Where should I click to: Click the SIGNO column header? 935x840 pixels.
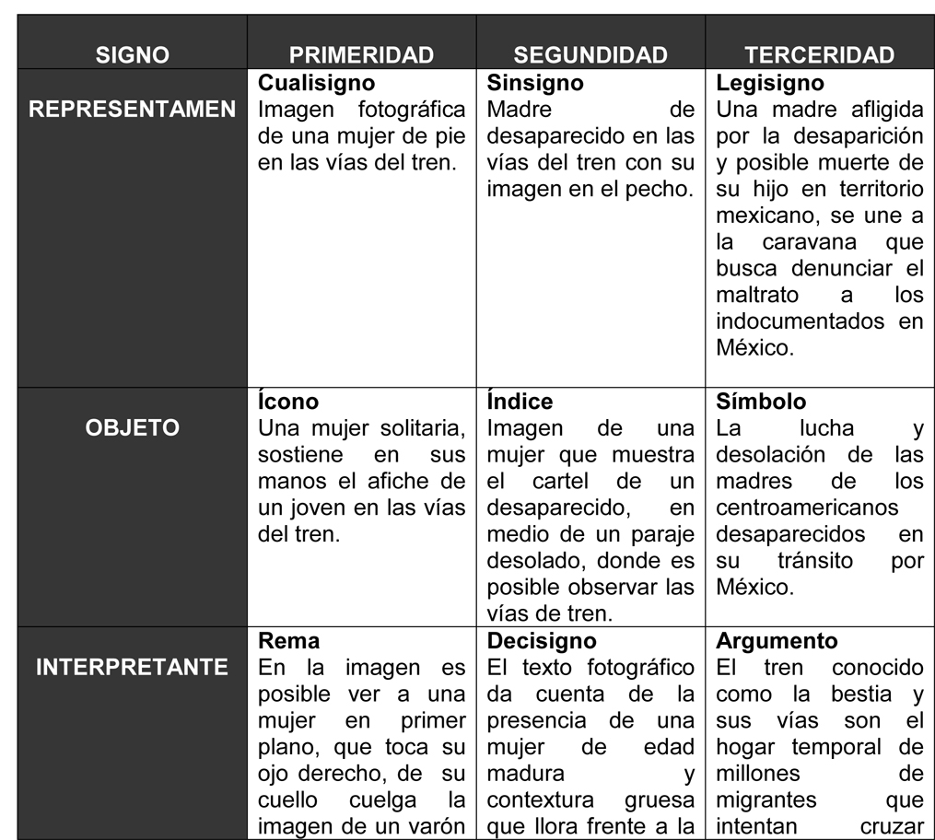(133, 55)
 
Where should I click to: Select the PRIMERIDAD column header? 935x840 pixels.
(361, 55)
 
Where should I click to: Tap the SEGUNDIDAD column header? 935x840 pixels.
(590, 55)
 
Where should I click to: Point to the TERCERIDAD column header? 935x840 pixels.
(819, 55)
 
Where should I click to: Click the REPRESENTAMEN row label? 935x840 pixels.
(133, 110)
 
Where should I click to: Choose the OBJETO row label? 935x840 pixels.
(133, 428)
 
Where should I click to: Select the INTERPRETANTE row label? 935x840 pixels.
(133, 667)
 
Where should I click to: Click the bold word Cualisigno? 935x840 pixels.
(316, 84)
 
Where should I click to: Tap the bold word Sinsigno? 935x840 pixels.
(534, 84)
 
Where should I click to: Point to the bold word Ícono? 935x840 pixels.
(288, 402)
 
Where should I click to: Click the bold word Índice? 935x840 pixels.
(520, 402)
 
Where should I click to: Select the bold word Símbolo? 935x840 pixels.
(761, 402)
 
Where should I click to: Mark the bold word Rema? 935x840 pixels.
(288, 641)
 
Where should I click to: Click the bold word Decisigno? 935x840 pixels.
(541, 641)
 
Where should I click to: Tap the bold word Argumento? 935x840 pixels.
(777, 641)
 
